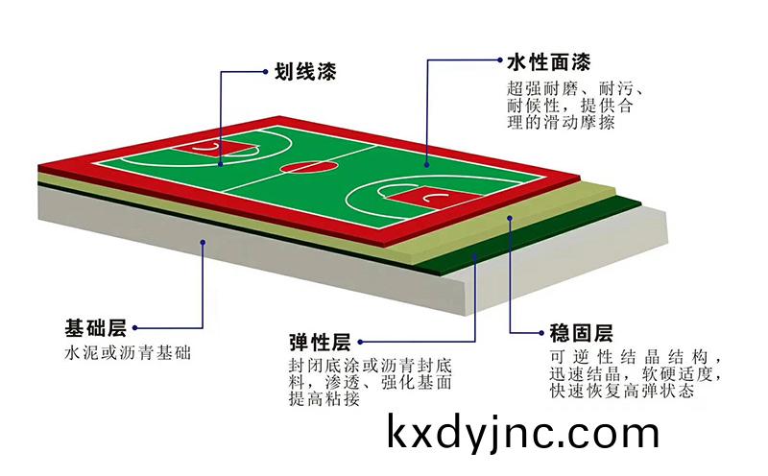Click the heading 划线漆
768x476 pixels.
[304, 72]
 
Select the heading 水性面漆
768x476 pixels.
[549, 62]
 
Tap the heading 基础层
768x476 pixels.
[96, 327]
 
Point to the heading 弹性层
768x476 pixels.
[320, 342]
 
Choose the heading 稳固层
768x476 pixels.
[582, 332]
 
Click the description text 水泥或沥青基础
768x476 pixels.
[128, 352]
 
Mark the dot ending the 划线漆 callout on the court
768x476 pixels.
[221, 164]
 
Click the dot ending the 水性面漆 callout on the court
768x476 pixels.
[427, 165]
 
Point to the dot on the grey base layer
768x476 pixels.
[203, 242]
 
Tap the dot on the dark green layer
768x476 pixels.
[474, 254]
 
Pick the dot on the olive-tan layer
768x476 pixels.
[510, 218]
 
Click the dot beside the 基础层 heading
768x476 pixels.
[134, 328]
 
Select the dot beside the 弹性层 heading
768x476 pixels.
[360, 342]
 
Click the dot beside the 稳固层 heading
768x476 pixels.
[541, 332]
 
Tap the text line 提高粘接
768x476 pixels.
[324, 398]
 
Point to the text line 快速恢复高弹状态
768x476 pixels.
[622, 391]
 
